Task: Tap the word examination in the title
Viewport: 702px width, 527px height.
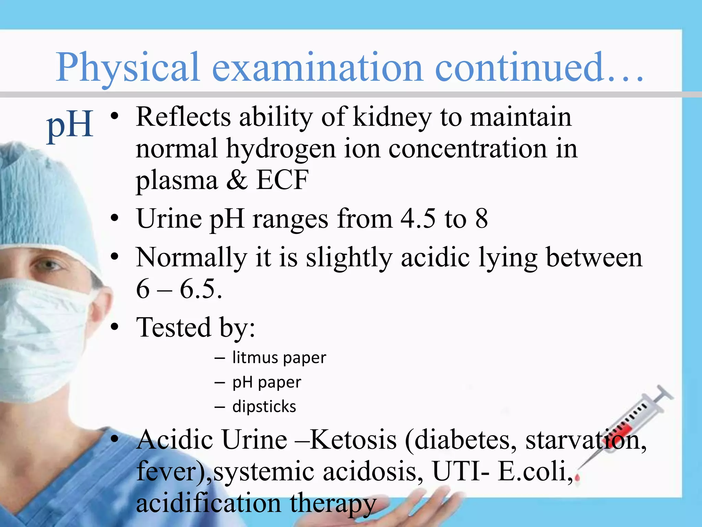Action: (317, 67)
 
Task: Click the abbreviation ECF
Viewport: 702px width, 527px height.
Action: (282, 180)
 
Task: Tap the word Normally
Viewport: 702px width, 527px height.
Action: (191, 258)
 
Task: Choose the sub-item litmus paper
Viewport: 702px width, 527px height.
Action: (279, 358)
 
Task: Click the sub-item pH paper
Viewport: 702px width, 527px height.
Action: (267, 382)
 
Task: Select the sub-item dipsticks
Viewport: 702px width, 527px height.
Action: (264, 407)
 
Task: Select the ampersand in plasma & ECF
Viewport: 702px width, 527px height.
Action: (237, 180)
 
